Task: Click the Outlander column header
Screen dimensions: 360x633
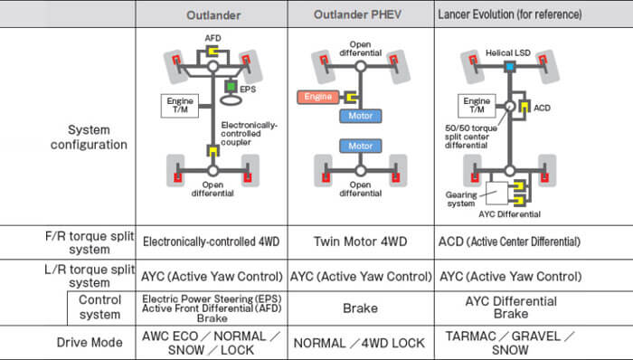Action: (x=212, y=14)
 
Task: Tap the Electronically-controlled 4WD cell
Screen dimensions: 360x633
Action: (x=212, y=242)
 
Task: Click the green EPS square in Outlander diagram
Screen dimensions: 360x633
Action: (x=231, y=87)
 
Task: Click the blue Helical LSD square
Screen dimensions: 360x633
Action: (x=510, y=68)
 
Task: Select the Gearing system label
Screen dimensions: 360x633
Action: (x=463, y=199)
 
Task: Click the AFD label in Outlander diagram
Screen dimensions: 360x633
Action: (x=213, y=39)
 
